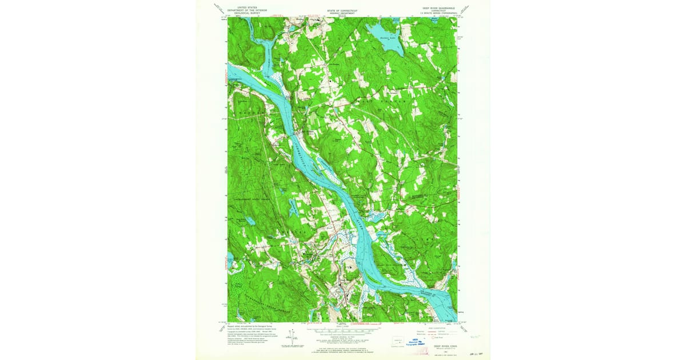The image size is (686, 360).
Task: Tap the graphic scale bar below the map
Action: point(343,330)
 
